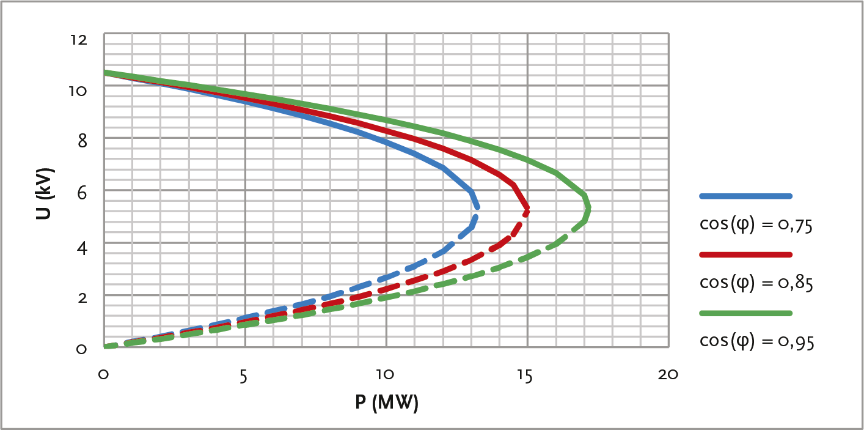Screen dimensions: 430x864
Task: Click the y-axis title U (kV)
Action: (46, 193)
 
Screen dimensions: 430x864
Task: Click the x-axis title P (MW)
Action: (386, 402)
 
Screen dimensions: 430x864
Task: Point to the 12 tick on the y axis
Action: (80, 40)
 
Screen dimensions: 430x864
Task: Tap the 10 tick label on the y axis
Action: (80, 91)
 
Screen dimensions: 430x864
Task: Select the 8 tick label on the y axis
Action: (82, 141)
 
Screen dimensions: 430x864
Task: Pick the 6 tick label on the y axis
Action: (82, 192)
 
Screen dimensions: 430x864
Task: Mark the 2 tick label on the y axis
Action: (82, 297)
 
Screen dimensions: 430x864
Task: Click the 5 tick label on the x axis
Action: (243, 375)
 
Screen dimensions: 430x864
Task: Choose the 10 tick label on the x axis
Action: (384, 375)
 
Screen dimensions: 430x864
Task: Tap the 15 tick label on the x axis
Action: (525, 375)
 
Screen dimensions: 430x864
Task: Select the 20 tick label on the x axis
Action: (668, 375)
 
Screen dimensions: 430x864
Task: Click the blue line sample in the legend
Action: (745, 196)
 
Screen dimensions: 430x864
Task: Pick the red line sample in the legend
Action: (745, 254)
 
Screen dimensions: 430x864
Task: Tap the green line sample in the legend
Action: (745, 313)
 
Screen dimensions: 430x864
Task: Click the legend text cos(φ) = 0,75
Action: (756, 224)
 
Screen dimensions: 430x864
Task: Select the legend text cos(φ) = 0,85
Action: (756, 283)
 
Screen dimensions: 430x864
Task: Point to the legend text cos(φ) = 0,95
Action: (756, 341)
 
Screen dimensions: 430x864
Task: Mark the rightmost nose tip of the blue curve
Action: (477, 208)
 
